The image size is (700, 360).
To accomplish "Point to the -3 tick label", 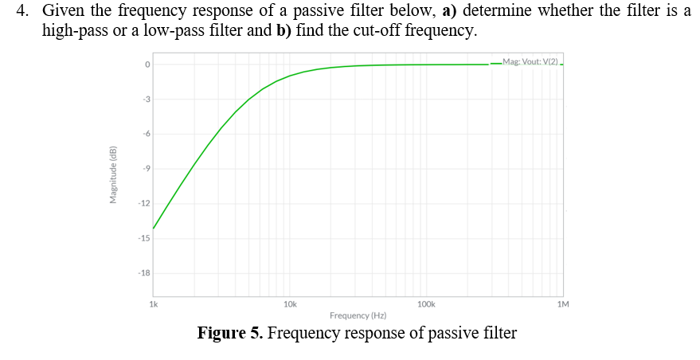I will tap(146, 100).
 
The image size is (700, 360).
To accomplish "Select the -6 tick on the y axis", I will tap(146, 134).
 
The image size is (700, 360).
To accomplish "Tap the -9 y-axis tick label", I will tap(146, 169).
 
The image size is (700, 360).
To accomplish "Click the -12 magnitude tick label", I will tap(144, 204).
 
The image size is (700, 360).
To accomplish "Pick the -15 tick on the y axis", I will tap(144, 238).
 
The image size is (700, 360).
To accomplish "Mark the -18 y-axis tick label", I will tap(144, 273).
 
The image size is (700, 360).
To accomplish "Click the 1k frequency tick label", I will tap(154, 304).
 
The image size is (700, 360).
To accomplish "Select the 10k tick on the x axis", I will tap(290, 304).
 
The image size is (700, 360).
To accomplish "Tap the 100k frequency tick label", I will tap(426, 304).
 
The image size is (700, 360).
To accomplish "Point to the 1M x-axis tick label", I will tap(563, 304).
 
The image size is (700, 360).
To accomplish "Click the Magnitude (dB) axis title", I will tap(113, 175).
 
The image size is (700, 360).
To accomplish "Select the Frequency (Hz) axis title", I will tap(358, 316).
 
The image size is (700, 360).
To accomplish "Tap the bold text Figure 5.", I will tap(230, 333).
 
